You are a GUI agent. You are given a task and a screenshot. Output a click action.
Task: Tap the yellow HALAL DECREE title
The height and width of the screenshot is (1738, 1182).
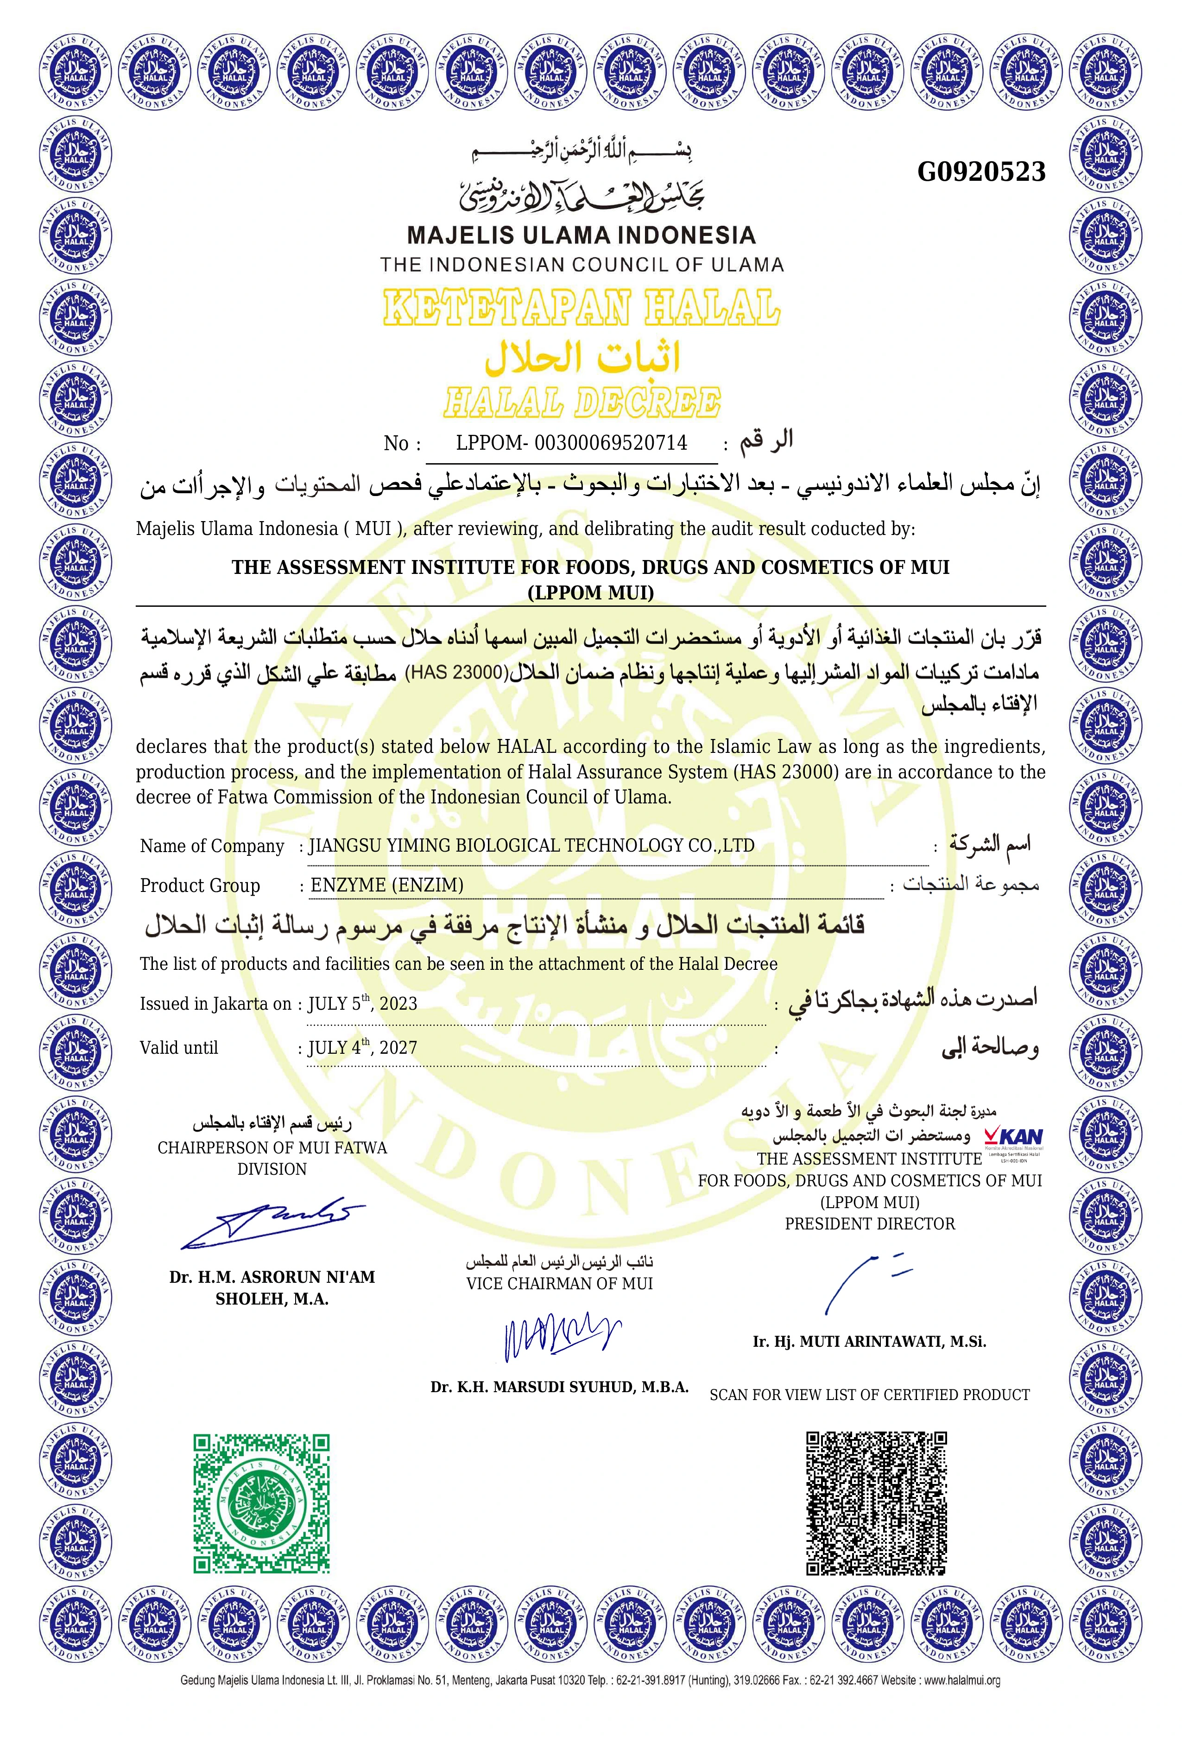tap(582, 402)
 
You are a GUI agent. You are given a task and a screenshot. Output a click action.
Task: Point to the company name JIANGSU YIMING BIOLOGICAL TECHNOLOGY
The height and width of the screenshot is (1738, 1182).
tap(531, 845)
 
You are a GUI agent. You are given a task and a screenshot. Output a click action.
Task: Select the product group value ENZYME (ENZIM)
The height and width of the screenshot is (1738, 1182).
tap(386, 885)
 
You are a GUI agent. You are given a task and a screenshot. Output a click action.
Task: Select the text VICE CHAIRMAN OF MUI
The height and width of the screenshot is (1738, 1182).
tap(559, 1283)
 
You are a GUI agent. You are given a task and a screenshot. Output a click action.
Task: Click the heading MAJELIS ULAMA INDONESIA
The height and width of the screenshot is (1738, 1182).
tap(581, 236)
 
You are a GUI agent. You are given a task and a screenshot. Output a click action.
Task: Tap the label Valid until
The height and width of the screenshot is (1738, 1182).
tap(179, 1048)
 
